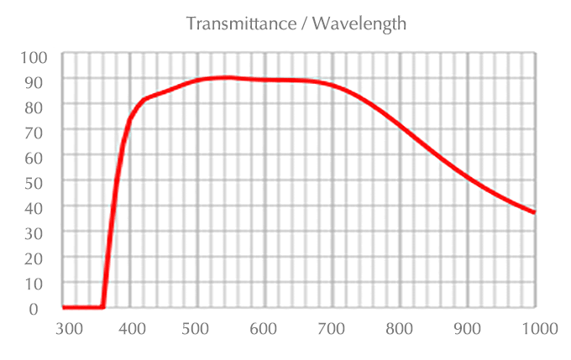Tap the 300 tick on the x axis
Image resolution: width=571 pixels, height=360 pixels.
pos(70,328)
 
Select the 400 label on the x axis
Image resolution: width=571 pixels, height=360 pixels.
pos(132,328)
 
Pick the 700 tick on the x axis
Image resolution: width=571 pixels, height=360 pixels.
pos(332,328)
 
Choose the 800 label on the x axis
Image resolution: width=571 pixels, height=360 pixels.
pos(399,328)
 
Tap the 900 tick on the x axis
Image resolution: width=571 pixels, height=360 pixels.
pos(467,328)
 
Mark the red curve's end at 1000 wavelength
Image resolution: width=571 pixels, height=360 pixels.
pos(534,212)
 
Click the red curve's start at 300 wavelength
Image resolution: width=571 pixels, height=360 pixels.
pos(65,307)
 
